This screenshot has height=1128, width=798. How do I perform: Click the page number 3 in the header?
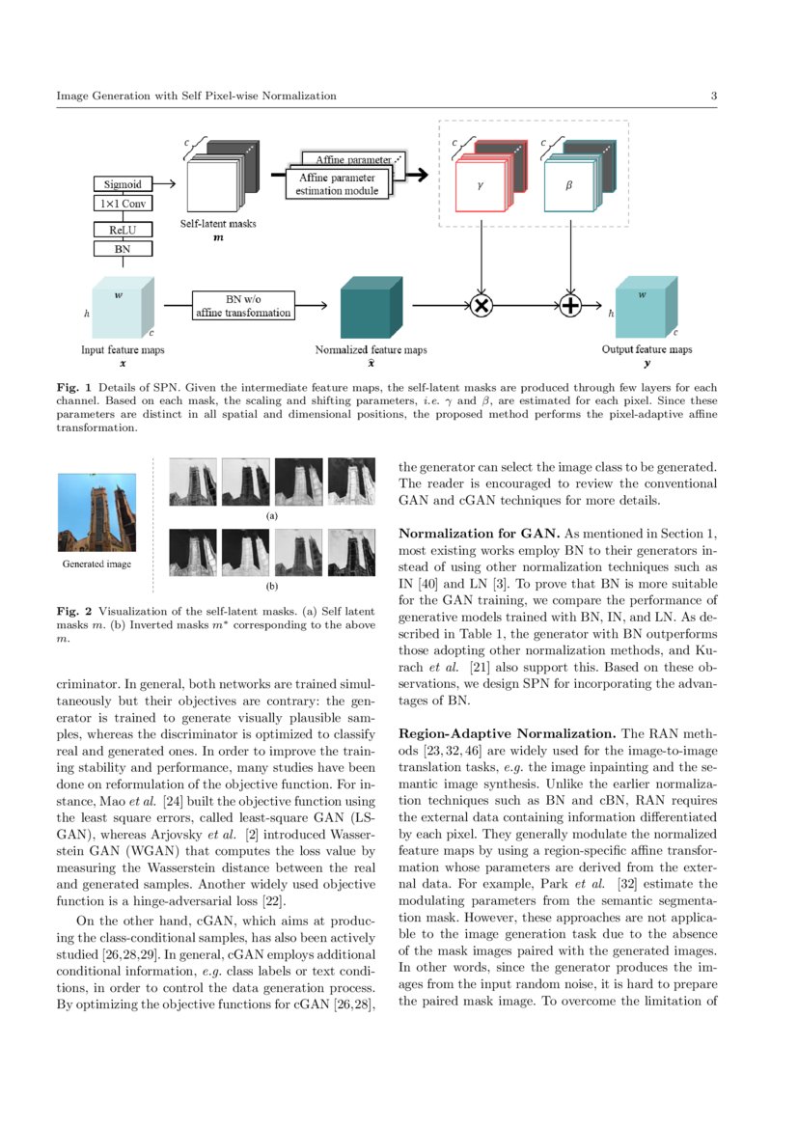pos(713,96)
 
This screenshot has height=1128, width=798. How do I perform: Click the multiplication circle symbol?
pos(481,306)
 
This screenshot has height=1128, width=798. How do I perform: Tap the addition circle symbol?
pos(574,306)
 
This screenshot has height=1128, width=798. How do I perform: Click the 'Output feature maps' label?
pos(647,348)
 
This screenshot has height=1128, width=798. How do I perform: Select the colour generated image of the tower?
pos(96,511)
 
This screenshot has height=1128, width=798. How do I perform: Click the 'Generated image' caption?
pos(96,564)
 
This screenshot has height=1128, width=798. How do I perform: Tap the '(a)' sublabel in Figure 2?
pos(271,516)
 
